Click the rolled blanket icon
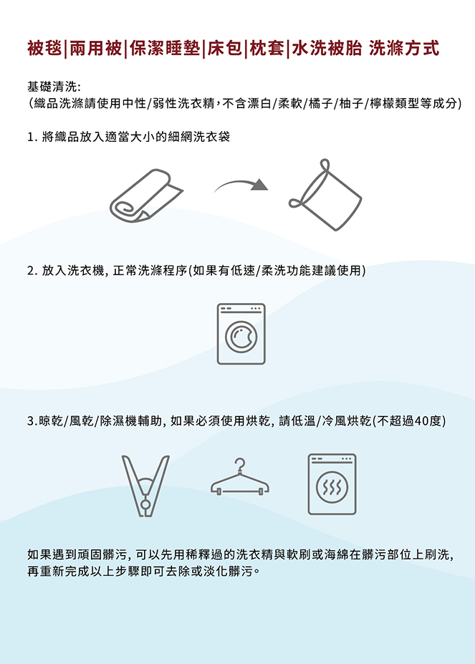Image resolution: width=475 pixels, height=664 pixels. tap(146, 196)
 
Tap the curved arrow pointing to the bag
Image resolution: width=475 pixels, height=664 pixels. tap(239, 183)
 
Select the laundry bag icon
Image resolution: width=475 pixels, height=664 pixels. tap(325, 196)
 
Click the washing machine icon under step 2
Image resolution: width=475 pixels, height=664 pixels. tap(241, 334)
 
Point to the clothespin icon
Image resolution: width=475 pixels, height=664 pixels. tap(145, 486)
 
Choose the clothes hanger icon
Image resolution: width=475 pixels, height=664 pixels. tap(240, 477)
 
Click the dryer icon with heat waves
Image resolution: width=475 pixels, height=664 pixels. tap(332, 484)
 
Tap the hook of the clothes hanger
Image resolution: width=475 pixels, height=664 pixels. tap(240, 465)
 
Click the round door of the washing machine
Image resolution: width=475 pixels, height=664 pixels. tap(241, 337)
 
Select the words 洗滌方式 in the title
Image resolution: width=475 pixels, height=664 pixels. tap(404, 48)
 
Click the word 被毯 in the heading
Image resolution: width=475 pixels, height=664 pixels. tap(44, 48)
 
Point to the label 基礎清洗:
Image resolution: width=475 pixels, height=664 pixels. tap(54, 87)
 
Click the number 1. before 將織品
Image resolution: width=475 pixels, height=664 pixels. tap(32, 138)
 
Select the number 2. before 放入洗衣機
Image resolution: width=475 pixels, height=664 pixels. tap(32, 271)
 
